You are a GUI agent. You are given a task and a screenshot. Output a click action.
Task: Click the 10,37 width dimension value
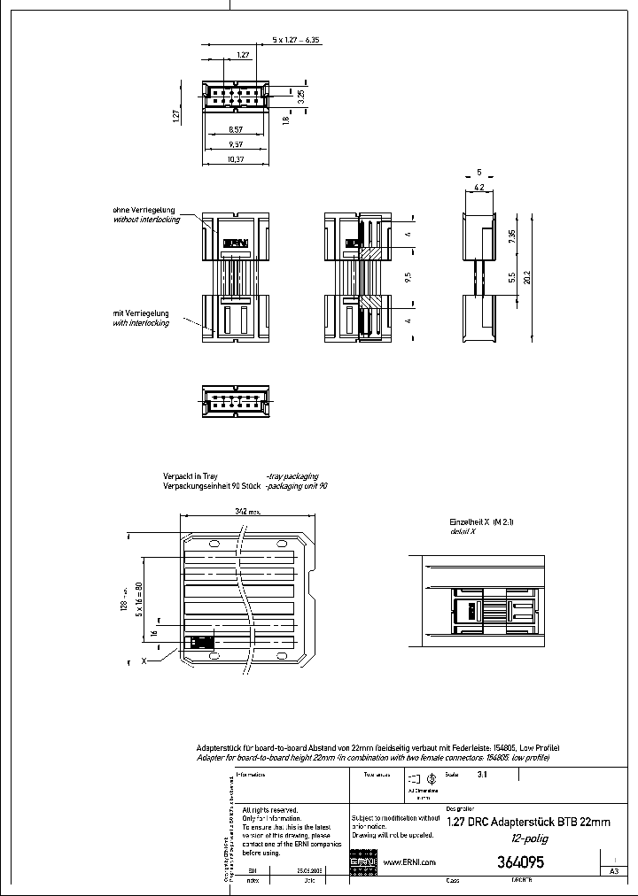pyautogui.click(x=235, y=158)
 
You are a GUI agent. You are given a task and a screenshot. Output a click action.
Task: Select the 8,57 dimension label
pyautogui.click(x=235, y=129)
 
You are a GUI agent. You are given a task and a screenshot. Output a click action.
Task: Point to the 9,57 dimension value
pyautogui.click(x=235, y=143)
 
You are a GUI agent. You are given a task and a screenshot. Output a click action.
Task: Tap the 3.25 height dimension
pyautogui.click(x=301, y=94)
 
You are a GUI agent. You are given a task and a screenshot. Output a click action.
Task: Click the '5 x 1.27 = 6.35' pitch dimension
pyautogui.click(x=271, y=40)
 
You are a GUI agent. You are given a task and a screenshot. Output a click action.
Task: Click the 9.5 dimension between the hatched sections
pyautogui.click(x=408, y=276)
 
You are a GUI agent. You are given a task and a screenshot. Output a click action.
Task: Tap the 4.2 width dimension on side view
pyautogui.click(x=478, y=188)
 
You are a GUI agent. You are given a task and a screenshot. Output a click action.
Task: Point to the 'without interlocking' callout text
pyautogui.click(x=146, y=219)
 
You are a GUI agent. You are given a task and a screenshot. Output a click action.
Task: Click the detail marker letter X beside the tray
pyautogui.click(x=143, y=660)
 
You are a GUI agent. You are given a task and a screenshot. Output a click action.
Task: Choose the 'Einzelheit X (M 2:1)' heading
pyautogui.click(x=482, y=522)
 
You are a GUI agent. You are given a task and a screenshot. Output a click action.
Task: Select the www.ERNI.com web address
pyautogui.click(x=409, y=862)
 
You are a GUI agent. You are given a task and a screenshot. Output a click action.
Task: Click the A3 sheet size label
pyautogui.click(x=613, y=871)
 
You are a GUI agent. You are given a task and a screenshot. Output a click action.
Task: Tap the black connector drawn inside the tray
pyautogui.click(x=203, y=643)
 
